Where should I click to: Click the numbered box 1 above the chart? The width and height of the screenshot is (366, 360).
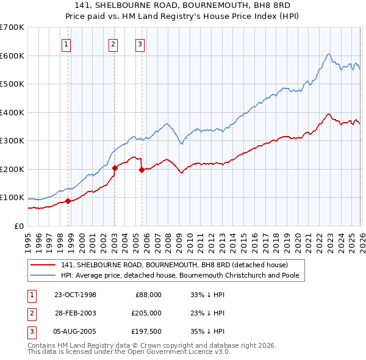point(65,43)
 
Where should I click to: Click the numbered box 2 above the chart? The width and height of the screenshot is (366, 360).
point(113,43)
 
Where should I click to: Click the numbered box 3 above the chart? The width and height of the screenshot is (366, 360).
point(140,43)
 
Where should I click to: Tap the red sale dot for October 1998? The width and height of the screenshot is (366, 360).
point(68,201)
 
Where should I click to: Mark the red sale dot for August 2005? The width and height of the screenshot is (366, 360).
point(142,170)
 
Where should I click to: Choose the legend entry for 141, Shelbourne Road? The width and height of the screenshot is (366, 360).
point(174,265)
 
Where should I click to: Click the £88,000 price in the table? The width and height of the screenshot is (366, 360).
point(148,295)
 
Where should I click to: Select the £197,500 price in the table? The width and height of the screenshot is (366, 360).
point(146,331)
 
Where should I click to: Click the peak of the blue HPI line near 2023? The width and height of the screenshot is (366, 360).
point(328,54)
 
